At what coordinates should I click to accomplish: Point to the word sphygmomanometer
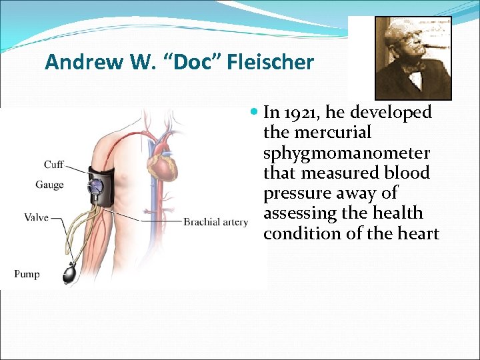tap(347, 153)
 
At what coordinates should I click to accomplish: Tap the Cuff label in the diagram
tap(54, 165)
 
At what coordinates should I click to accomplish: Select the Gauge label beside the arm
tap(50, 184)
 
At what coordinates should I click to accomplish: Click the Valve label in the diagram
tap(36, 217)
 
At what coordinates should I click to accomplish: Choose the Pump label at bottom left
tap(27, 274)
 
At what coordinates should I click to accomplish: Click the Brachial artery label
tap(215, 221)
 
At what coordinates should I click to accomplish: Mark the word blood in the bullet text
tap(408, 173)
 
